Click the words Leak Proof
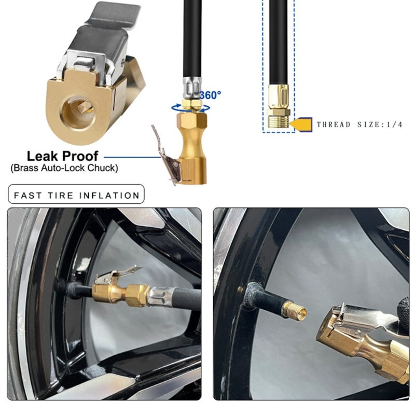[62, 156]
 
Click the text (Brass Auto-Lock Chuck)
[64, 168]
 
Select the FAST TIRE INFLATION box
[76, 195]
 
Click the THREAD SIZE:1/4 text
[359, 125]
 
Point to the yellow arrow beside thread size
[301, 125]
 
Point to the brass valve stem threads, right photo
[294, 311]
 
